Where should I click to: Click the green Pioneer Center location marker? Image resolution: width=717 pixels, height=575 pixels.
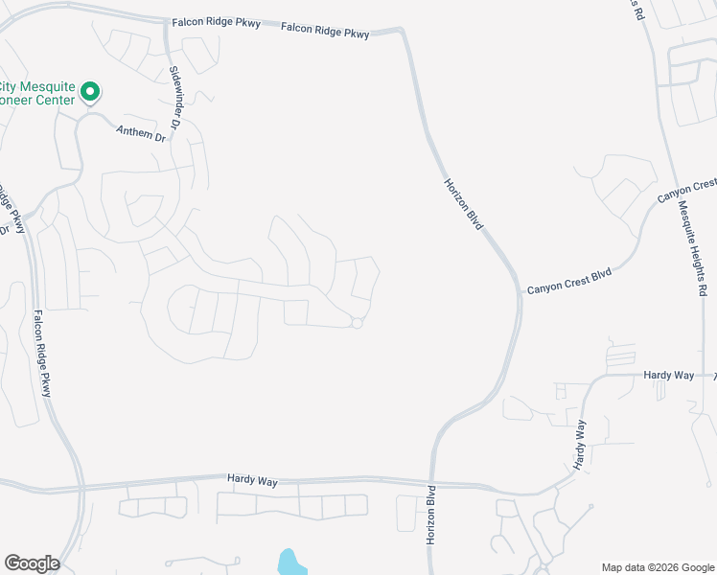90,92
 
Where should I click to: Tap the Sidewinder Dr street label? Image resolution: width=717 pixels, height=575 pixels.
175,97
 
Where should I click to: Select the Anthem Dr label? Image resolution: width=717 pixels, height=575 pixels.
141,134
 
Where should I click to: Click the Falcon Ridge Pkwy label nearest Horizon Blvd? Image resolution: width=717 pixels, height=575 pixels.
325,32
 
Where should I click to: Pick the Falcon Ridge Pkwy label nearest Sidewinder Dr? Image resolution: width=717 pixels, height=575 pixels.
216,23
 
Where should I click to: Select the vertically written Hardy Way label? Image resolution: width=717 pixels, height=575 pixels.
579,444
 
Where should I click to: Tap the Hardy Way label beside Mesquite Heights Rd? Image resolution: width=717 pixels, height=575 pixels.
668,376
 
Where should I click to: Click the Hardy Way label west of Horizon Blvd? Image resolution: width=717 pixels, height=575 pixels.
252,480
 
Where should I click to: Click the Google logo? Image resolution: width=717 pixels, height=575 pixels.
32,563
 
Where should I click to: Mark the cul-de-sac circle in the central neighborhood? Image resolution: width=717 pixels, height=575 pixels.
357,324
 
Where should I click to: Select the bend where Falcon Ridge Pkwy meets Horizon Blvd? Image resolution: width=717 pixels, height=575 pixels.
403,32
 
